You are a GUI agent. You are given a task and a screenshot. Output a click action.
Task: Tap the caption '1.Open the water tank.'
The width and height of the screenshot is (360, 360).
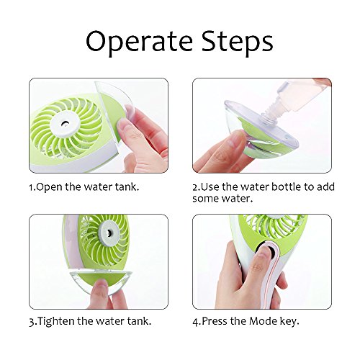click(86, 186)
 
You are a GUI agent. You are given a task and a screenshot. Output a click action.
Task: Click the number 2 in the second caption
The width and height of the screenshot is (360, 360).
click(195, 186)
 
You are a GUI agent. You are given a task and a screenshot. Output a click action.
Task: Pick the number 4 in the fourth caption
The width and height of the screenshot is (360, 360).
click(195, 321)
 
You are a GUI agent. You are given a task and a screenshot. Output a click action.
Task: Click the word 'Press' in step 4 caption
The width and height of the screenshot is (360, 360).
click(217, 321)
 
